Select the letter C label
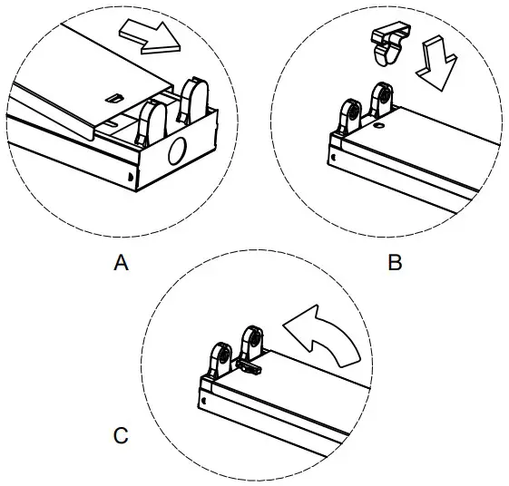point(121,437)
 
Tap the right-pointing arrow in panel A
point(149,39)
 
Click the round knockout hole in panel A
point(177,149)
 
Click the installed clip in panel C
point(250,367)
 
